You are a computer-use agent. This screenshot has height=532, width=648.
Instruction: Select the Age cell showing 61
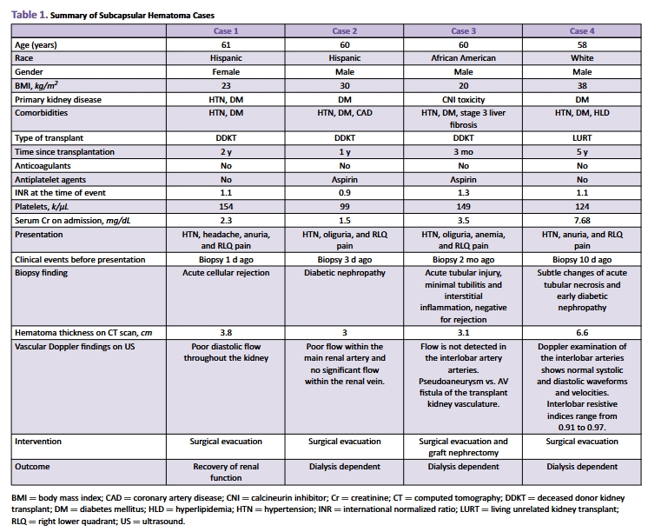point(227,44)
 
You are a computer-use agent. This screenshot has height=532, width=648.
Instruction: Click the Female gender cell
point(227,72)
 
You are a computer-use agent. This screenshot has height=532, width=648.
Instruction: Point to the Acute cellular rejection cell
point(227,272)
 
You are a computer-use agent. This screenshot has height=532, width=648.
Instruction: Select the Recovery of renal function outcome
point(227,473)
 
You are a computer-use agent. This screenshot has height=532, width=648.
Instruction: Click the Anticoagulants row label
point(43,166)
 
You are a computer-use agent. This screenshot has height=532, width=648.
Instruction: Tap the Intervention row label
point(39,442)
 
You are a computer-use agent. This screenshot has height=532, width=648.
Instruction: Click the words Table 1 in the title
point(29,15)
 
